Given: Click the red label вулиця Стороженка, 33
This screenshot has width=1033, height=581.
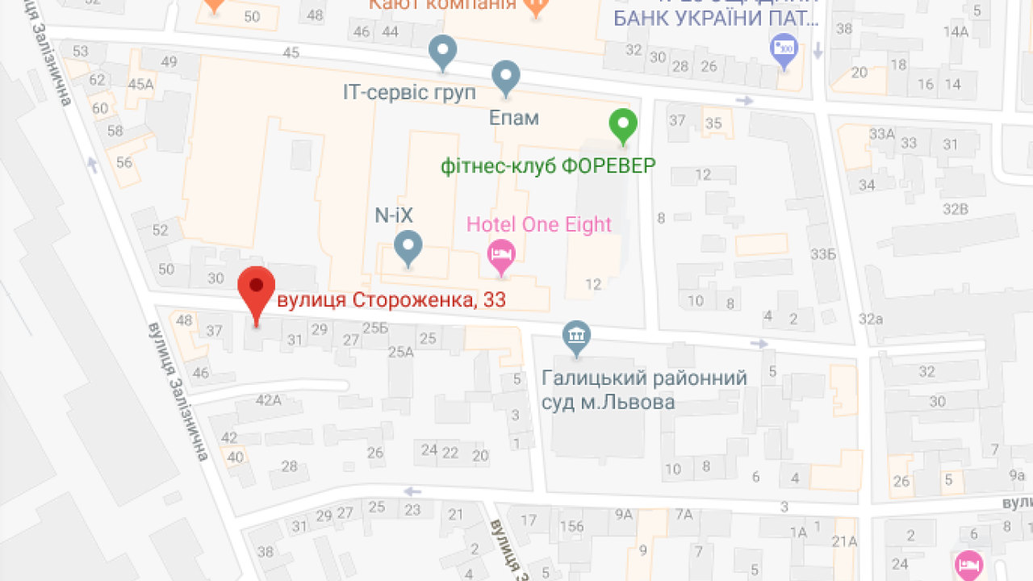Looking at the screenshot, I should [x=391, y=301].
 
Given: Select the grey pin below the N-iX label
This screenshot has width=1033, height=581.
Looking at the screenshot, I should [x=408, y=247].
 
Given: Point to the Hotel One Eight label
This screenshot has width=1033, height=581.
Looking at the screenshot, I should [x=539, y=224].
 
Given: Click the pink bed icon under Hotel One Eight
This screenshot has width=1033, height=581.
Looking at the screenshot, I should [x=502, y=256].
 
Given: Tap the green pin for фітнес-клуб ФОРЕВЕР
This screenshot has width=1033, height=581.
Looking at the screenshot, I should [x=622, y=125].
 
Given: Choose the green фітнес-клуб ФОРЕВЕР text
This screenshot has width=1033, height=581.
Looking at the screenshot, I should [x=548, y=166].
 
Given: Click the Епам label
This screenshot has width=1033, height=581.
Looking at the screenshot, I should [x=513, y=118].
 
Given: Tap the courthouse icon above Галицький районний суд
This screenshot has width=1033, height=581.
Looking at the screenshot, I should [x=576, y=337].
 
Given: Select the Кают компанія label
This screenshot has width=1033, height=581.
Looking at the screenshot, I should [x=442, y=6].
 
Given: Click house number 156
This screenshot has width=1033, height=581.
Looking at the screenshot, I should [x=572, y=527].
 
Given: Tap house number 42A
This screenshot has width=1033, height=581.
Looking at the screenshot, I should [x=268, y=399].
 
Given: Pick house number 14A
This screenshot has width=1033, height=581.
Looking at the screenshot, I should [x=956, y=32].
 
